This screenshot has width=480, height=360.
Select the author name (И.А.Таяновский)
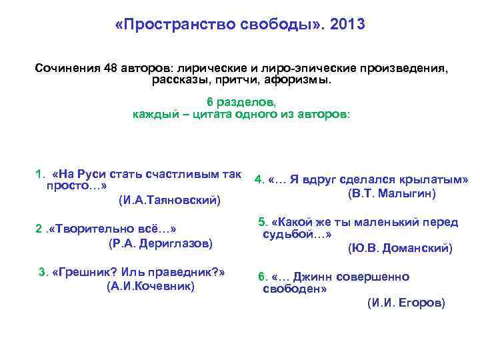[169, 199]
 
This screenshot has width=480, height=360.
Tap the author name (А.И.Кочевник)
[151, 286]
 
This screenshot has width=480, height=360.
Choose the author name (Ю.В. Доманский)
[400, 249]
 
